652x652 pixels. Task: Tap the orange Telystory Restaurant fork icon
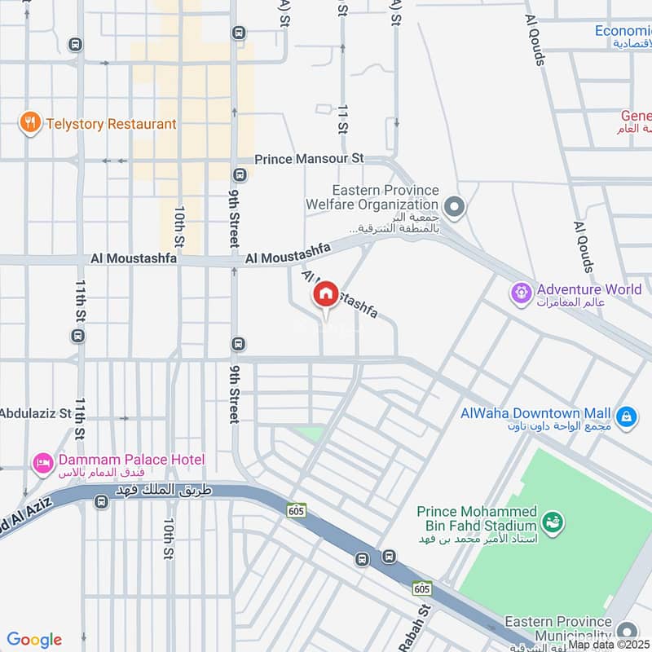[30, 124]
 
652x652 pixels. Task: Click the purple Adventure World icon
[520, 291]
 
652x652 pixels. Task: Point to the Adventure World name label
[588, 289]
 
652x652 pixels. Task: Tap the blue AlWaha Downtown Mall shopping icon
[625, 416]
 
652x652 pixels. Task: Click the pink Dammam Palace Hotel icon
[42, 464]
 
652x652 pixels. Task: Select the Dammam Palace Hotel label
[130, 460]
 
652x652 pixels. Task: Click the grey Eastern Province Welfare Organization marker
[454, 207]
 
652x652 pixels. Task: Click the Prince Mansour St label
[309, 159]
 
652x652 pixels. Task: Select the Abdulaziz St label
[36, 413]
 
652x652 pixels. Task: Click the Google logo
[34, 640]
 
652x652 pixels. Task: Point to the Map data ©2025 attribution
[609, 645]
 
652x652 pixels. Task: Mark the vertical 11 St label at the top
[342, 118]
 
